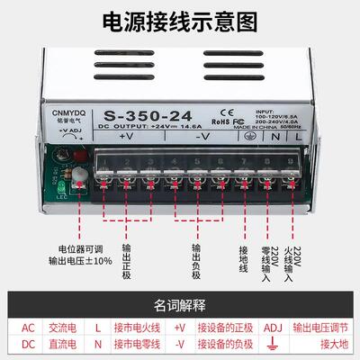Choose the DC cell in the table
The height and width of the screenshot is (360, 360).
click(x=28, y=346)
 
